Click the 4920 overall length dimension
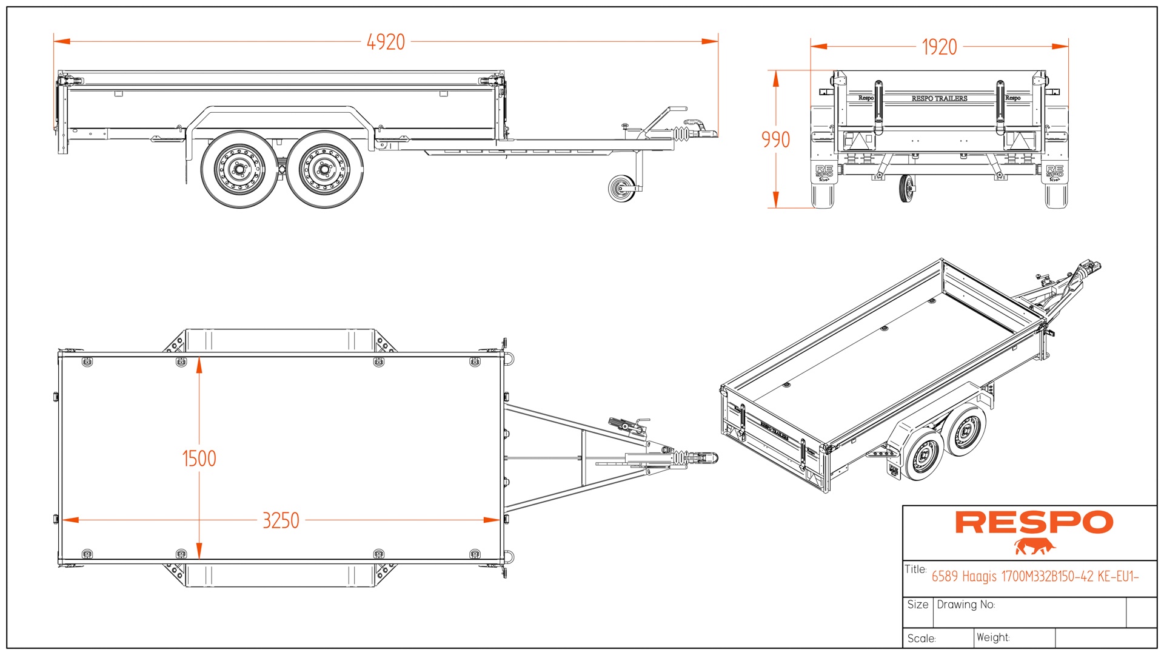click(x=386, y=42)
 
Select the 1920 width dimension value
click(x=939, y=47)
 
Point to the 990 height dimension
click(x=775, y=139)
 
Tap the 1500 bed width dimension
click(x=199, y=458)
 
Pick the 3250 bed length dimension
click(x=281, y=520)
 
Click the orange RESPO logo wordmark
click(x=1034, y=523)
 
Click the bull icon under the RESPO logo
click(x=1034, y=546)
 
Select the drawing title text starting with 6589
click(x=1035, y=576)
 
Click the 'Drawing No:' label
click(x=966, y=605)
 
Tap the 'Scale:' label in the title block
click(x=921, y=639)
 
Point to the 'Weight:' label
click(x=993, y=637)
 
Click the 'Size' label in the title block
click(x=917, y=605)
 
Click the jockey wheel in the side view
click(x=621, y=188)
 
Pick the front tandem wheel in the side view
click(x=324, y=169)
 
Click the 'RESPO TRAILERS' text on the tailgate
click(x=939, y=98)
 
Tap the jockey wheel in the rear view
click(x=906, y=189)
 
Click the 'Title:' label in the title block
click(x=915, y=569)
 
